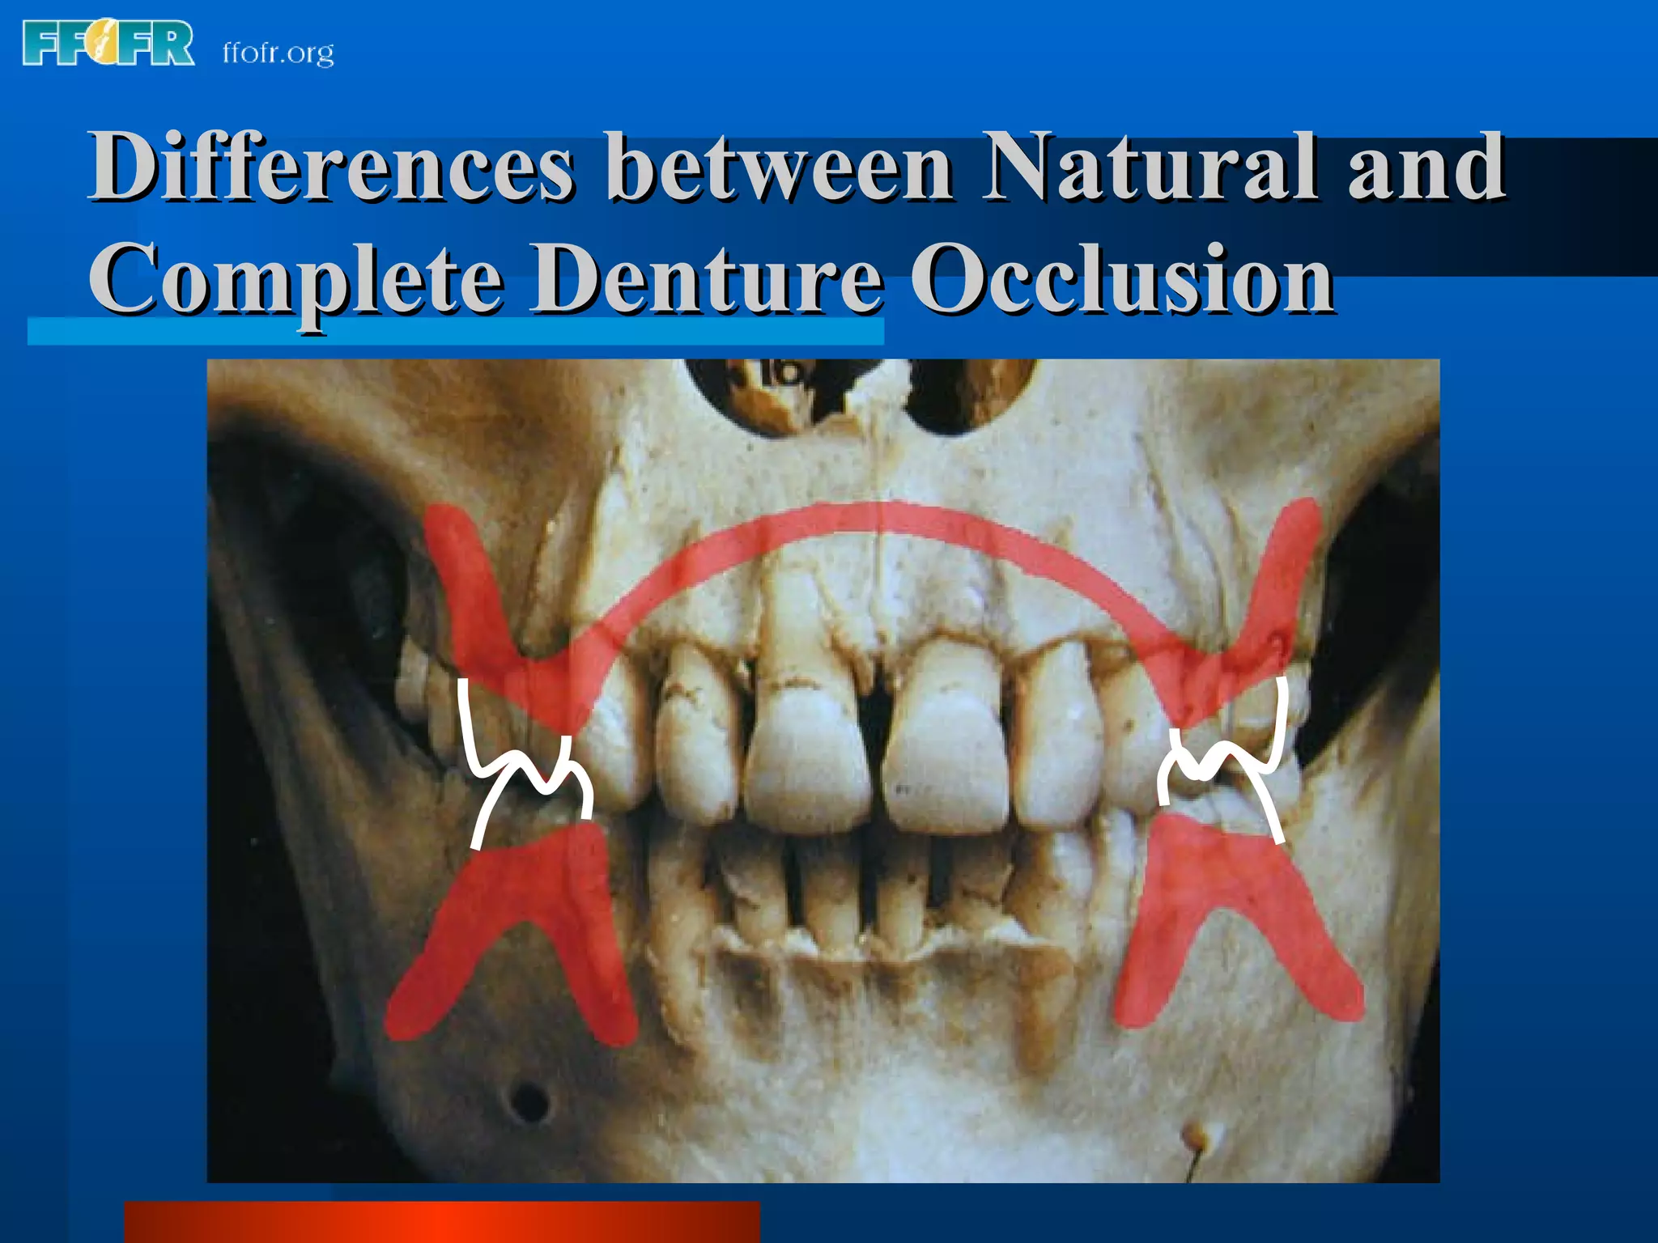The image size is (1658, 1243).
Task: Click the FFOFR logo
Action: click(x=108, y=44)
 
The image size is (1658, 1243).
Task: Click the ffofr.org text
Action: click(x=278, y=53)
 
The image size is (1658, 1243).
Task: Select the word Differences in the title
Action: click(x=332, y=168)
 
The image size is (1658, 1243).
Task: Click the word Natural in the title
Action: click(x=1150, y=168)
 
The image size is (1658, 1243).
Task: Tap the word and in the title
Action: click(x=1426, y=168)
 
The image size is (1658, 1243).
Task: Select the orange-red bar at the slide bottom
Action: click(x=441, y=1222)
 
